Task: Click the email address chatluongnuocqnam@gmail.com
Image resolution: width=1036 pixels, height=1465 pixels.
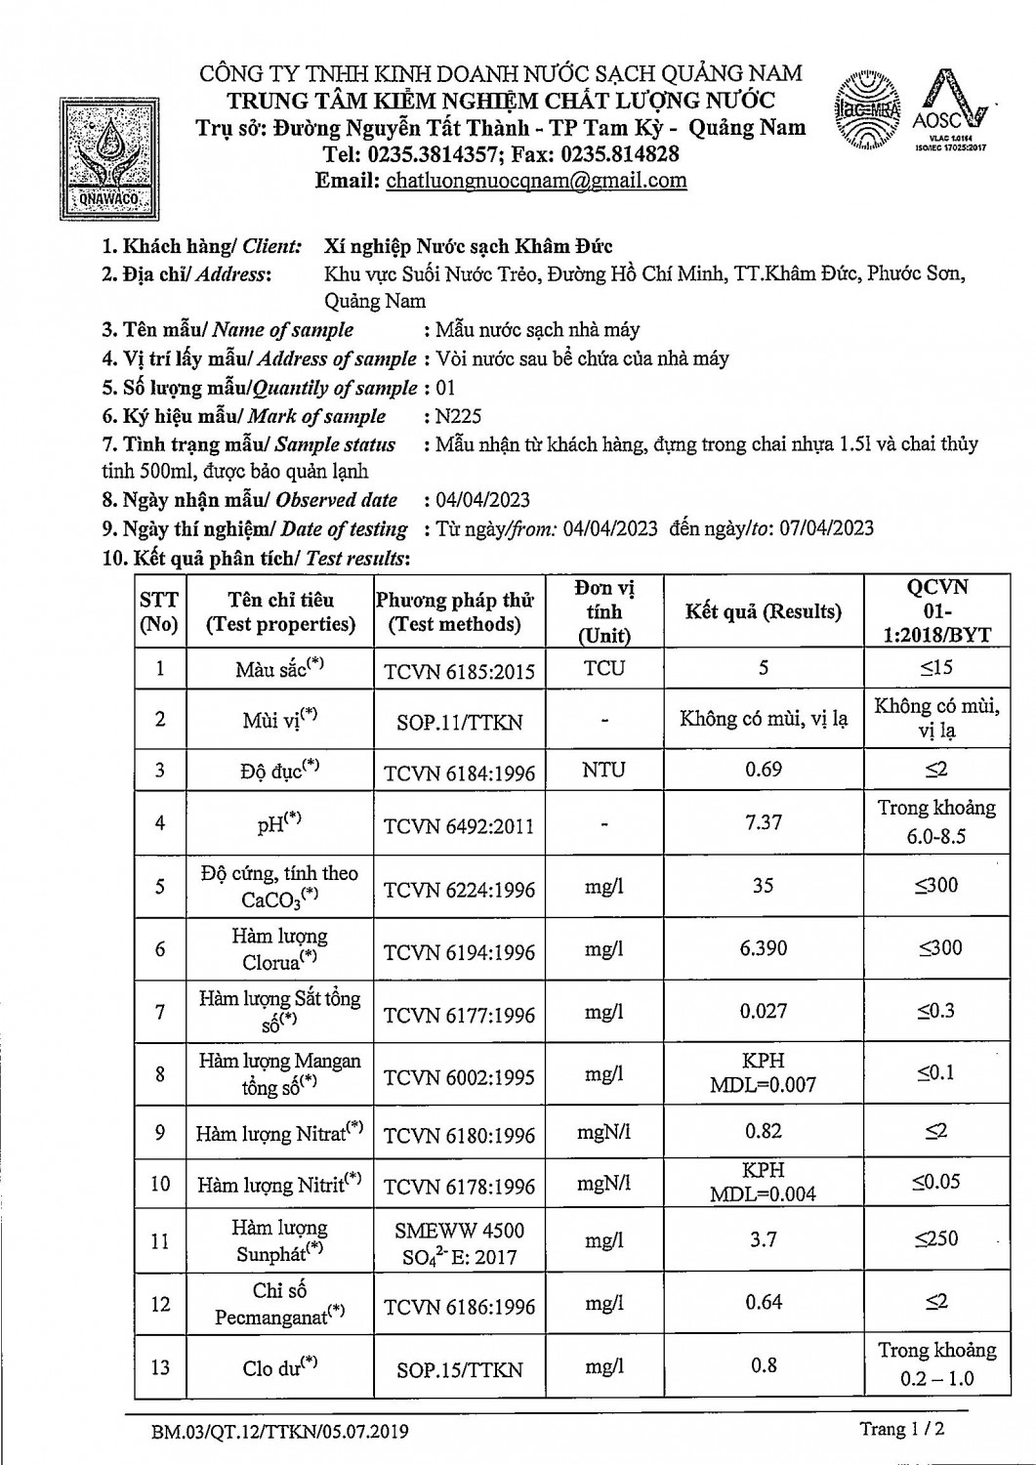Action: (x=536, y=181)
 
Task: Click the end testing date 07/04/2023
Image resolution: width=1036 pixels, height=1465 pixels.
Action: (x=826, y=528)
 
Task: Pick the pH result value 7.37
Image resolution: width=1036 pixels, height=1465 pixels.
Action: (x=763, y=822)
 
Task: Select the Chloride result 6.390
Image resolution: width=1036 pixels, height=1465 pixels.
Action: (x=763, y=948)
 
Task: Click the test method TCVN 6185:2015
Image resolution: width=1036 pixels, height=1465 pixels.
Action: (x=459, y=670)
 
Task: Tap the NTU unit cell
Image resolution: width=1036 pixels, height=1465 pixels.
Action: (x=603, y=770)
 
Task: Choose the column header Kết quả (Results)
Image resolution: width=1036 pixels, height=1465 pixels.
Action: (x=763, y=612)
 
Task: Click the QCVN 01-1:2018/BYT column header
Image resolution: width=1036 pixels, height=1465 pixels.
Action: (x=936, y=611)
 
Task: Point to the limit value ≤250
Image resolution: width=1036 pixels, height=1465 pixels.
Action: (x=936, y=1239)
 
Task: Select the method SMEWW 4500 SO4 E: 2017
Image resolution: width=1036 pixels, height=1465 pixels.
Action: (x=459, y=1243)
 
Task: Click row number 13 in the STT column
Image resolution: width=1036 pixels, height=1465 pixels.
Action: (x=160, y=1367)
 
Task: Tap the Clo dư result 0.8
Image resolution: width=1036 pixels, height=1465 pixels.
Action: (x=763, y=1365)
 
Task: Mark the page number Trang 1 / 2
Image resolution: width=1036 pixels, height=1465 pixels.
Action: (x=901, y=1429)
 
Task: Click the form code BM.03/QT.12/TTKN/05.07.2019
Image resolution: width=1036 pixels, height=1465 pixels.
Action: (x=280, y=1432)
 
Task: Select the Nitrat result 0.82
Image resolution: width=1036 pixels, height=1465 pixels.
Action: (x=763, y=1131)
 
